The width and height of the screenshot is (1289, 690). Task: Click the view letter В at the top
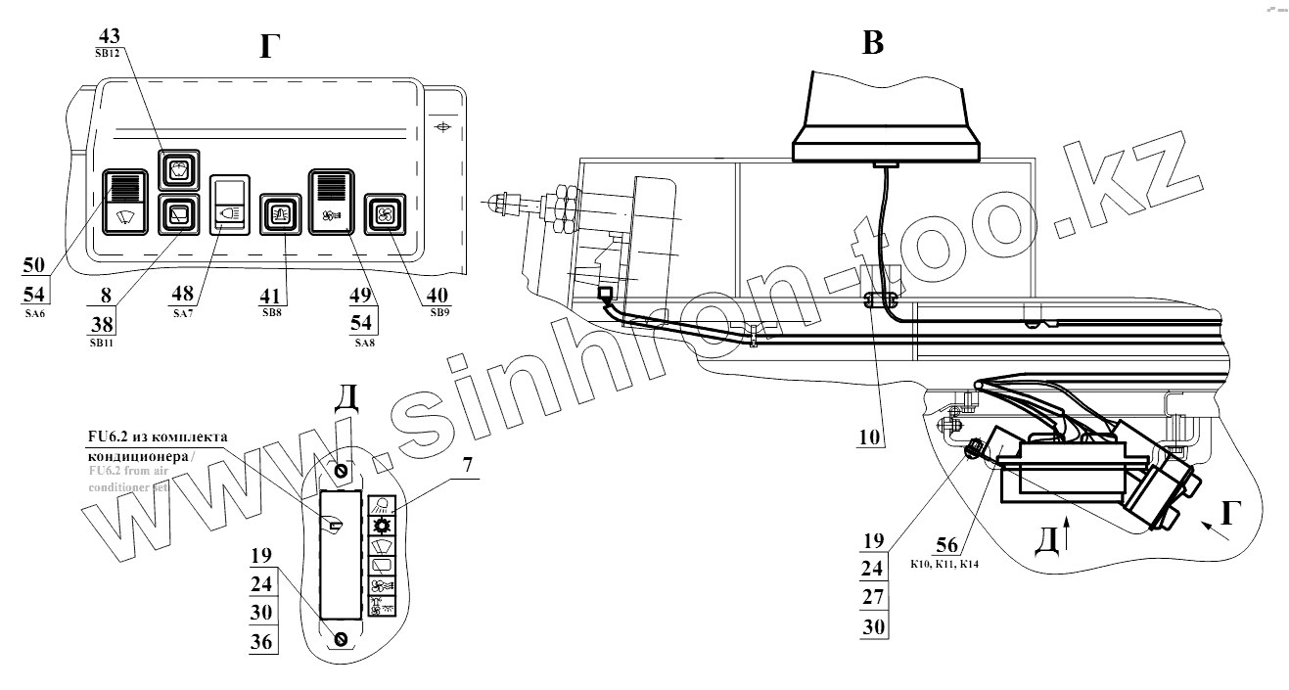(x=872, y=43)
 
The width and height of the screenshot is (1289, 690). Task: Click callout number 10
(x=871, y=437)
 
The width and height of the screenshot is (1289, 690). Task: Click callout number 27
(x=872, y=597)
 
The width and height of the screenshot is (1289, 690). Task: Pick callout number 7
(x=468, y=465)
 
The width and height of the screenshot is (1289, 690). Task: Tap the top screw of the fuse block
(x=342, y=471)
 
